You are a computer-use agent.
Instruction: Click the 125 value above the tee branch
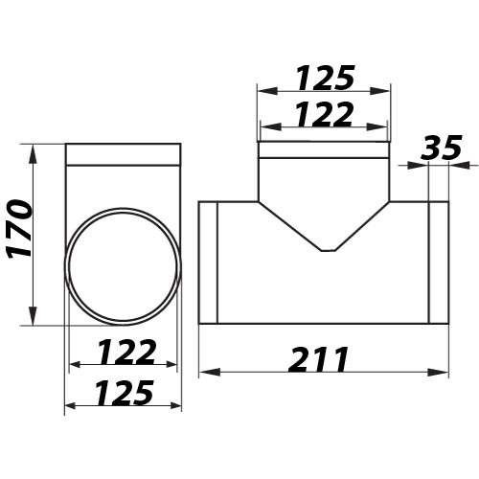pyautogui.click(x=324, y=76)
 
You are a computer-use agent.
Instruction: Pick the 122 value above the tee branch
pyautogui.click(x=324, y=116)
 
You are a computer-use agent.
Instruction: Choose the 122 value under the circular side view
pyautogui.click(x=123, y=352)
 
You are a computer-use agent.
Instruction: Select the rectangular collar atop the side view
pyautogui.click(x=123, y=155)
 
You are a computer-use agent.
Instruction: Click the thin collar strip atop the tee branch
pyautogui.click(x=324, y=150)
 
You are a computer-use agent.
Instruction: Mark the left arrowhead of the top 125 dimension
pyautogui.click(x=263, y=90)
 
